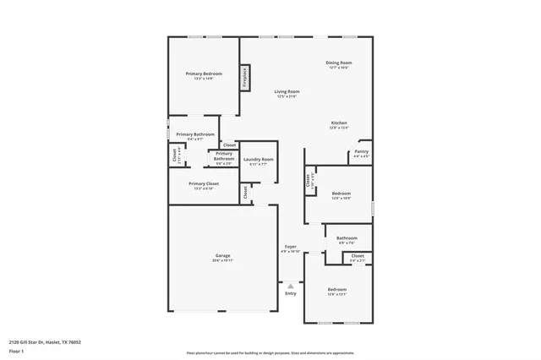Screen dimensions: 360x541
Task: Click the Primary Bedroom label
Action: coord(203,74)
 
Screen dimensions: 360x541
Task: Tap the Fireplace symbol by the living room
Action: coord(246,78)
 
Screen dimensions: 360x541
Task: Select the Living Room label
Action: coord(287,92)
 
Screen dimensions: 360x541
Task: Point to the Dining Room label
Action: coord(339,63)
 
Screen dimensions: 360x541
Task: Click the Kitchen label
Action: coord(338,124)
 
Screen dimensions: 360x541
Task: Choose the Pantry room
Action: coord(361,153)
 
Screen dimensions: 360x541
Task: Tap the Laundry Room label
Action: coord(259,160)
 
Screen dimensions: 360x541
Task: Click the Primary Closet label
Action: coord(204,184)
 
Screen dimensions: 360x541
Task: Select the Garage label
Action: coord(223,256)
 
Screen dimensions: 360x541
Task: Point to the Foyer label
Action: coord(290,246)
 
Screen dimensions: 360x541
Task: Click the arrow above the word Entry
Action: coord(290,283)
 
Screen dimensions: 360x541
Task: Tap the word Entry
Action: coord(290,293)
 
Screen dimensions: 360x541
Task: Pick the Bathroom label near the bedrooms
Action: coord(347,238)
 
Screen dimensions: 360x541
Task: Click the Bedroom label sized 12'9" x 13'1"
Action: coord(337,290)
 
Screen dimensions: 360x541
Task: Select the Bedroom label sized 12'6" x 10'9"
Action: coord(341,194)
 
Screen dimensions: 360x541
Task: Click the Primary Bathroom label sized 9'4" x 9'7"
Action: coord(195,134)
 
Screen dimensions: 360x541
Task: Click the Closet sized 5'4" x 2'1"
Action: coord(358,256)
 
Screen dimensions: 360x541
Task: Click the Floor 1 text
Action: coord(16,350)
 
